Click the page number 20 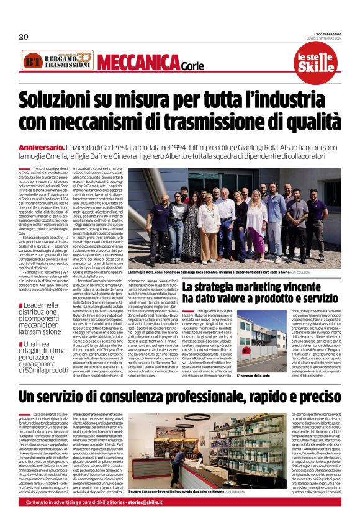[x=24, y=37]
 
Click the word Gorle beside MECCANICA [x=192, y=66]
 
